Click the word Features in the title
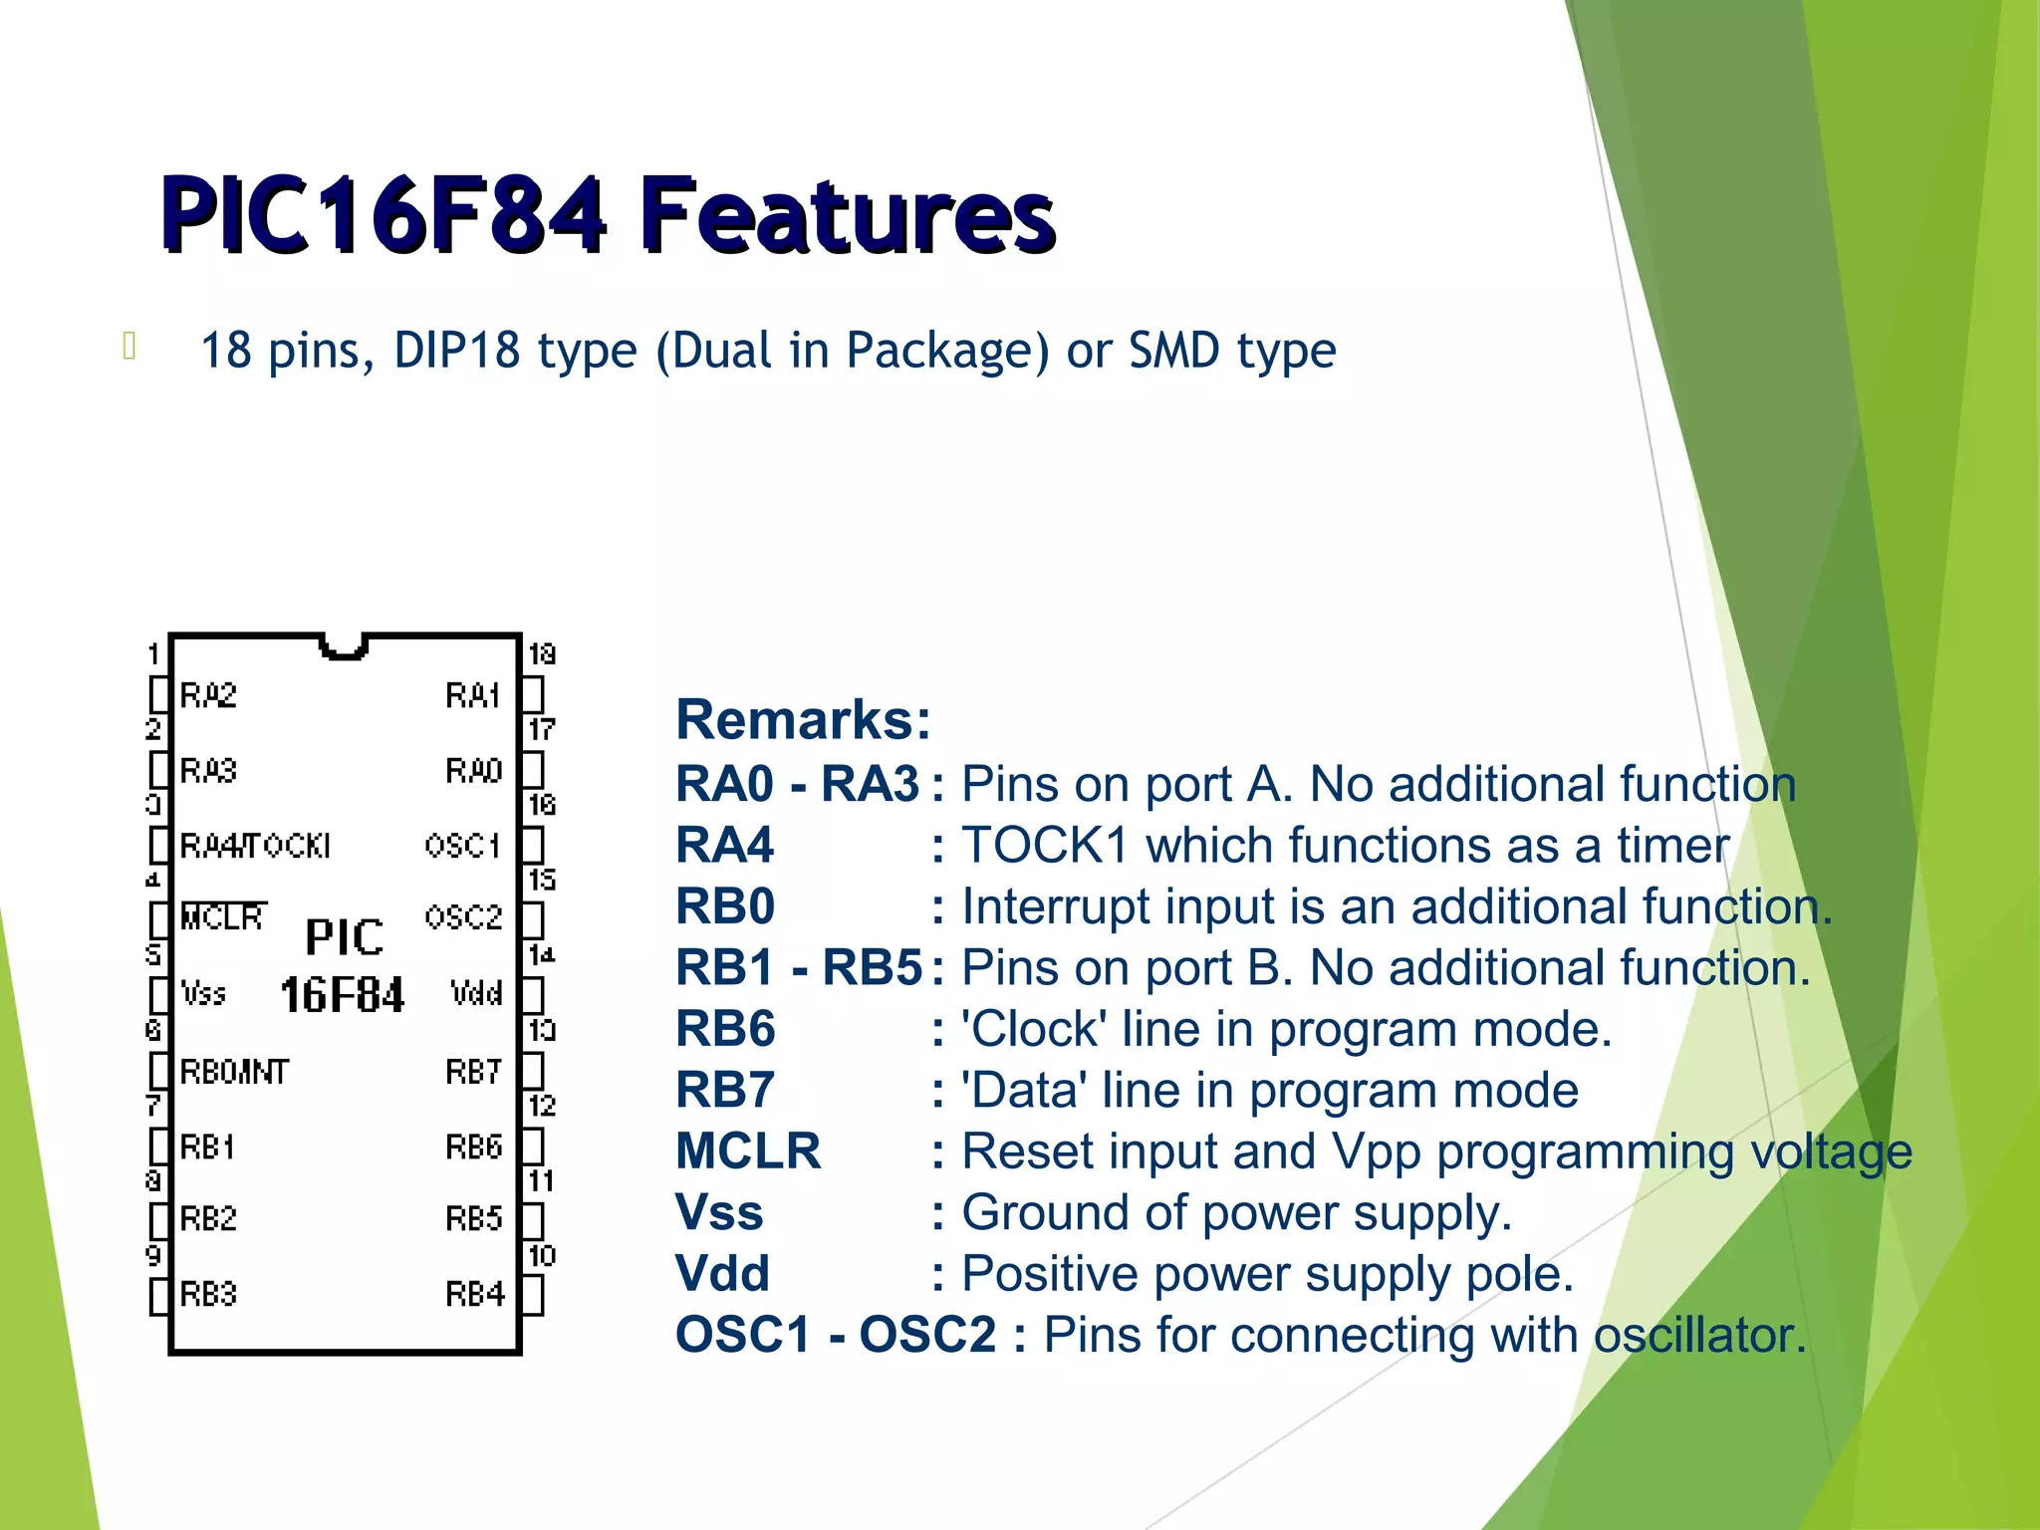point(847,214)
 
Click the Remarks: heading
point(803,719)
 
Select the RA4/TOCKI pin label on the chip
point(255,846)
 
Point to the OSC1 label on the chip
point(462,846)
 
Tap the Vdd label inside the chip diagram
point(476,993)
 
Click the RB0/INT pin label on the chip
point(234,1072)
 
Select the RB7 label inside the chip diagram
point(473,1072)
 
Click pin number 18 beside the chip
point(541,654)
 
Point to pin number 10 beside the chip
point(541,1255)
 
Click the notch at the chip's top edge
point(345,647)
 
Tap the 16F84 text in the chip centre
point(342,995)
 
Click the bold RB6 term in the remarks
point(725,1029)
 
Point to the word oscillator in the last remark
point(1699,1335)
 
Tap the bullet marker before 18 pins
point(128,346)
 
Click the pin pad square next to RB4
point(533,1295)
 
